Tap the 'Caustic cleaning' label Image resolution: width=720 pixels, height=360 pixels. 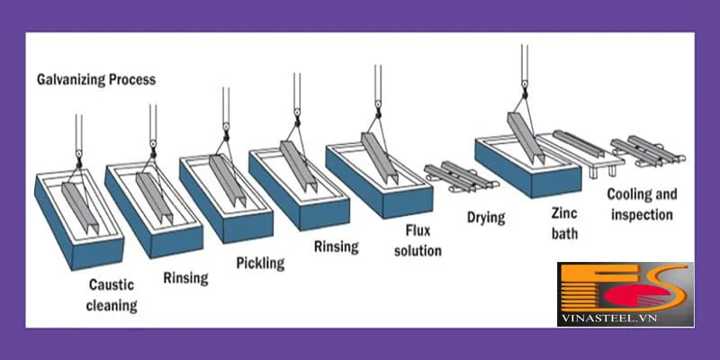[112, 295]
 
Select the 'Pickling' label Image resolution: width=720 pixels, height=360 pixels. [260, 264]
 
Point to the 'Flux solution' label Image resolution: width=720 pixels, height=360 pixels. [418, 242]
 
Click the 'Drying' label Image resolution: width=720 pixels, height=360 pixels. [486, 218]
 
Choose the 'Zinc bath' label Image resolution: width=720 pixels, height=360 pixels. [564, 225]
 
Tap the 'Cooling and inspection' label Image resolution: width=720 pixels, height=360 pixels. [640, 204]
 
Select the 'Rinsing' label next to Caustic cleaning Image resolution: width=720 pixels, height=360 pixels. [186, 277]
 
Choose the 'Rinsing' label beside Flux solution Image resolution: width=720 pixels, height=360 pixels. [336, 246]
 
